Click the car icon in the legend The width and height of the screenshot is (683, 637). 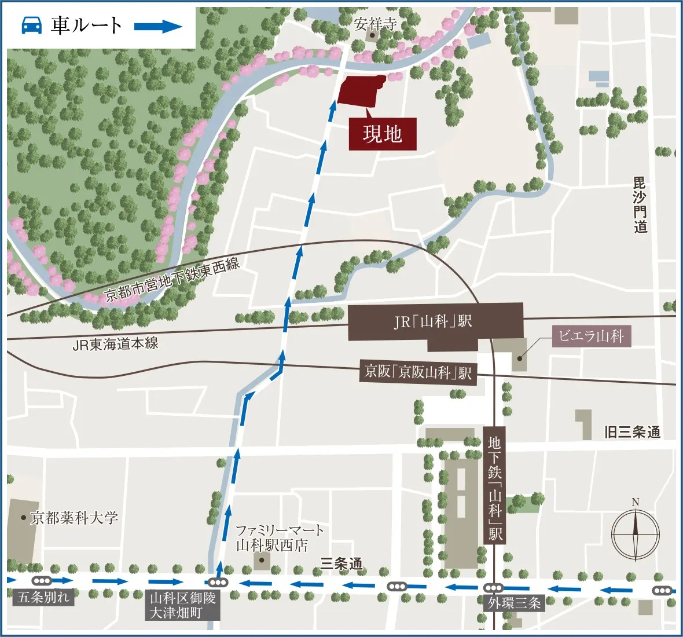31,25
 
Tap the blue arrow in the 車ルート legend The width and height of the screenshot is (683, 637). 158,26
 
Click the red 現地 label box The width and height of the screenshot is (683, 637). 382,134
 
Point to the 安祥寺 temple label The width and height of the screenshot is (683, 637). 376,24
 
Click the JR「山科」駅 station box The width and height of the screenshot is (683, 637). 435,321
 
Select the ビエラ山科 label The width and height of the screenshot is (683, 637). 591,336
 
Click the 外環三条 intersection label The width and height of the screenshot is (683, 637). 514,603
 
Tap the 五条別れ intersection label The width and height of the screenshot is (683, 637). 43,597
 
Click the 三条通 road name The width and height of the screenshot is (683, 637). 341,563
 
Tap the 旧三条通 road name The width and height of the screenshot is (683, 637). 631,432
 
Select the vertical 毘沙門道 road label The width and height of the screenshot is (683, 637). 640,206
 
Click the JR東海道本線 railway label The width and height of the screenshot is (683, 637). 115,344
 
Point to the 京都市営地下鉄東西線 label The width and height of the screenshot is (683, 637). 172,280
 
